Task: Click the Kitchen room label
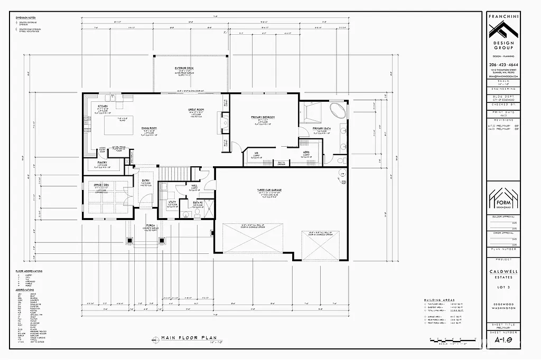(x=103, y=106)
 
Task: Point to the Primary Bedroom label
(x=262, y=117)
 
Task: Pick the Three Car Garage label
(x=268, y=190)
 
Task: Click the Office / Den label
(x=101, y=185)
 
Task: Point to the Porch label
(x=150, y=224)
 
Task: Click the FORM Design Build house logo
(x=503, y=198)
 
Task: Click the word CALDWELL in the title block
(x=503, y=271)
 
